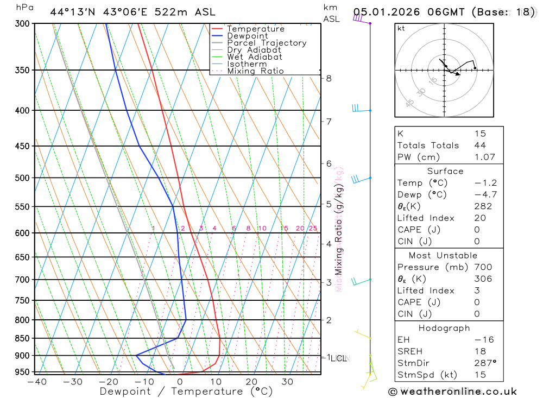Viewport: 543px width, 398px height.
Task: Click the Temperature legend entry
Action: click(255, 29)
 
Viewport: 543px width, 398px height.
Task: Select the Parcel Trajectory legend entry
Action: click(267, 43)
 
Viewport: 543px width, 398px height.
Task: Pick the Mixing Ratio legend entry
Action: click(255, 71)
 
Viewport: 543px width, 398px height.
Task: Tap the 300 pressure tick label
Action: click(22, 24)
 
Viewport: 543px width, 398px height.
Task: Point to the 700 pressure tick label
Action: click(22, 280)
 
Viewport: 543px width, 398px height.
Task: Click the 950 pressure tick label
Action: click(22, 372)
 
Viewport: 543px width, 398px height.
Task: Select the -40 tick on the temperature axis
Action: click(36, 382)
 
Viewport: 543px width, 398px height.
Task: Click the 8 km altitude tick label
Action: click(329, 78)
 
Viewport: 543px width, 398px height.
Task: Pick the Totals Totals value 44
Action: click(480, 146)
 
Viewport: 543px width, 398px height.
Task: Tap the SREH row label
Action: click(409, 351)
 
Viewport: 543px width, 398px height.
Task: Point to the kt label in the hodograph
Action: click(401, 29)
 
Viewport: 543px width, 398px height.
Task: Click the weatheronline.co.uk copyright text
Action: click(452, 391)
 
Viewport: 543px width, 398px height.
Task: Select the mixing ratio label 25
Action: click(313, 229)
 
